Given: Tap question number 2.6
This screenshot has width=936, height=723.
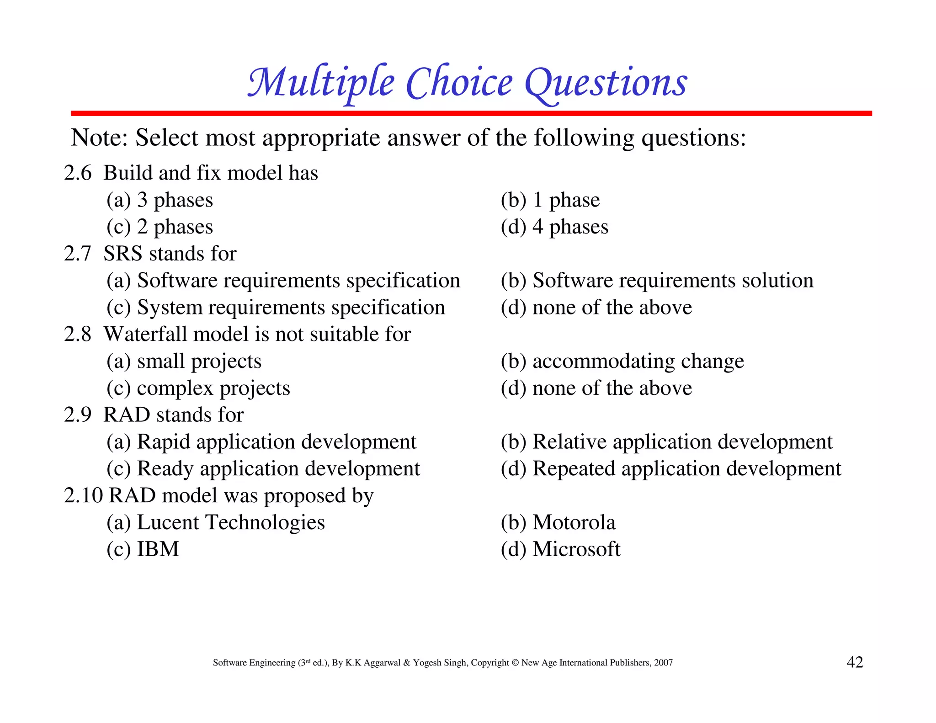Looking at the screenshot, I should click(x=78, y=173).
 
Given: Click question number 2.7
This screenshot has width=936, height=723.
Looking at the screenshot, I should click(x=78, y=254).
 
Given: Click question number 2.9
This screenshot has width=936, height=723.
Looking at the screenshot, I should click(x=78, y=415).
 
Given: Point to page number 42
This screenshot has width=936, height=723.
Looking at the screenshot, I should click(x=855, y=662).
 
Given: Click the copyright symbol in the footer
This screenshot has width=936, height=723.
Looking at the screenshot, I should click(x=515, y=663).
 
